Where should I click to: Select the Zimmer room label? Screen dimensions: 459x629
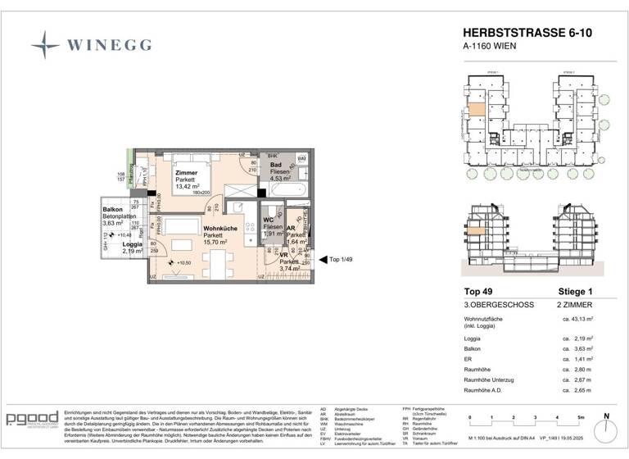(x=186, y=172)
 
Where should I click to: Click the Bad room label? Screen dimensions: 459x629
(x=276, y=166)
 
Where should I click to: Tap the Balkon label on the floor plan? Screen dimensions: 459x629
(x=112, y=209)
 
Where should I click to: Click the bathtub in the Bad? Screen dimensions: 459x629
(x=286, y=189)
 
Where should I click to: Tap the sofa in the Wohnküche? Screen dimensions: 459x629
(x=179, y=228)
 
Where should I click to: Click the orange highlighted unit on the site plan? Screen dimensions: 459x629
(x=474, y=118)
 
